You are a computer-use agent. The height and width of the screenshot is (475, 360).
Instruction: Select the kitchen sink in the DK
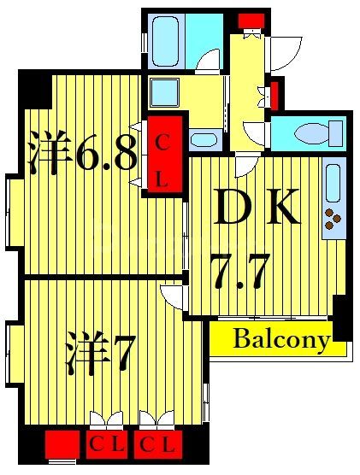(x=333, y=184)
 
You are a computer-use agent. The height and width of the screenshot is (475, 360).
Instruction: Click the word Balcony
(x=281, y=340)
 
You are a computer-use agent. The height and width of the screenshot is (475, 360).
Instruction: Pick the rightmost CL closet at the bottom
(x=158, y=444)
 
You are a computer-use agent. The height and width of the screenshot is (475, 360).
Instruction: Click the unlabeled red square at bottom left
(x=61, y=444)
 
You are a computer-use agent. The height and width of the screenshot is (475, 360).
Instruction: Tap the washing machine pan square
(x=163, y=91)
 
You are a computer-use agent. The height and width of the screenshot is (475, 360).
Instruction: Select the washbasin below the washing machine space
(x=203, y=139)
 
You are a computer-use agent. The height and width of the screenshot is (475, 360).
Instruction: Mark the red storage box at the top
(x=251, y=21)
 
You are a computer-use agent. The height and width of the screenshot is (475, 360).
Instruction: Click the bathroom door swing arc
(x=207, y=60)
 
